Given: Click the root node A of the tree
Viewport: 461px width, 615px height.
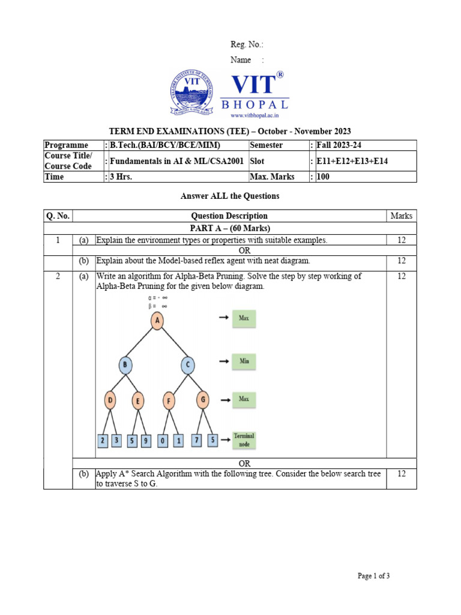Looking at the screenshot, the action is tap(157, 321).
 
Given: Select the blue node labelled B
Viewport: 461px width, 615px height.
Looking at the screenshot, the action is tap(125, 365).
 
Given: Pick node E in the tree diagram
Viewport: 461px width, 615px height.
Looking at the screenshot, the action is tap(137, 401).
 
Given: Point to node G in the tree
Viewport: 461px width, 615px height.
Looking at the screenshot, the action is tap(202, 400).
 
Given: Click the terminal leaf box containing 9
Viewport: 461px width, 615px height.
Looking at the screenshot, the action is tap(146, 441).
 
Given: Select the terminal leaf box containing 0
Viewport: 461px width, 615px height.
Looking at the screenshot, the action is tap(163, 441).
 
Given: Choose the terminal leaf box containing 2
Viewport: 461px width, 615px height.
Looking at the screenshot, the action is tap(103, 441).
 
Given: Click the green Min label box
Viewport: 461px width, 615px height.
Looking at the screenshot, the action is tap(244, 362).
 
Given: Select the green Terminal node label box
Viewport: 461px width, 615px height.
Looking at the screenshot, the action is tap(244, 440).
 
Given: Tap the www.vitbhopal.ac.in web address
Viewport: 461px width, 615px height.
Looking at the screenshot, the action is tap(255, 115).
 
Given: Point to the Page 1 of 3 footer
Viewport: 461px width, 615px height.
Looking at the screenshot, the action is tap(373, 576).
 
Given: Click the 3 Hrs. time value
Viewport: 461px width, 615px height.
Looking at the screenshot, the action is tap(120, 177).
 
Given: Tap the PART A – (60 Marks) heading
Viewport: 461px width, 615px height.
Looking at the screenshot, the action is tap(229, 228).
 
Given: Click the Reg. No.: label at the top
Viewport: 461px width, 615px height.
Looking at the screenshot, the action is tap(247, 45).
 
